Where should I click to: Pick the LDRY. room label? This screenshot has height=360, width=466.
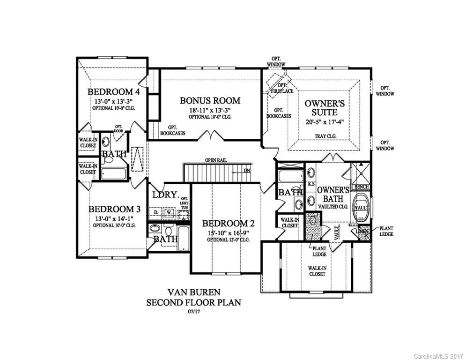pyautogui.click(x=164, y=194)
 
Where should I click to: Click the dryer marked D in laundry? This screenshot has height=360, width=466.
pyautogui.click(x=156, y=213)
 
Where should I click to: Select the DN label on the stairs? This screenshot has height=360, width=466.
pyautogui.click(x=247, y=171)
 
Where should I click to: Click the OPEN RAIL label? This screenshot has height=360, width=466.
pyautogui.click(x=215, y=160)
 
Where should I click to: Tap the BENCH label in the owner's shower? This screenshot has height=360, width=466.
pyautogui.click(x=362, y=187)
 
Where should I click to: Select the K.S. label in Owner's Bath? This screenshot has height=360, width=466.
pyautogui.click(x=311, y=184)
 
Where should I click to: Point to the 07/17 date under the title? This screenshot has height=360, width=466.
pyautogui.click(x=193, y=310)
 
